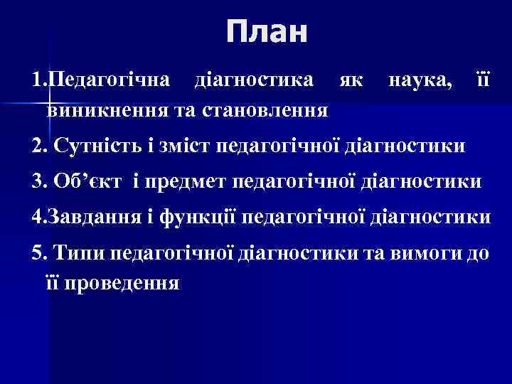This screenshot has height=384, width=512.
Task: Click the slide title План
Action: coord(267,33)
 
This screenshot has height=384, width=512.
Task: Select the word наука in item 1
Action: coord(420,79)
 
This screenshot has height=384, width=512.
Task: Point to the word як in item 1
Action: coord(349,79)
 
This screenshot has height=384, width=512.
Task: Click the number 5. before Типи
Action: coord(40,252)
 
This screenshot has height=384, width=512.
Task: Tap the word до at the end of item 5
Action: coord(479,252)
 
